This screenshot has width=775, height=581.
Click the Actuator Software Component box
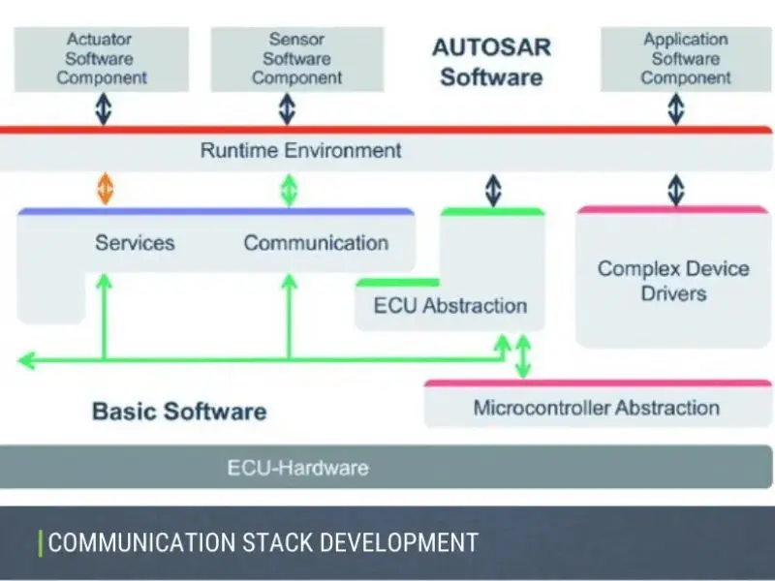102,59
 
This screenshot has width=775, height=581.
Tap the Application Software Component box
685,59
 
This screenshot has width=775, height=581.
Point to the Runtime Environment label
300,151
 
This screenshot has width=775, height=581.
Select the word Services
135,243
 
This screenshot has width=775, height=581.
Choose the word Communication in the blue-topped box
316,243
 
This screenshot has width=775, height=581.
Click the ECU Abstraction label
450,306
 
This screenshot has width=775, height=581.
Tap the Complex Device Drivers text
673,281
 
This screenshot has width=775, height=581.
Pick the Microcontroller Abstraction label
596,408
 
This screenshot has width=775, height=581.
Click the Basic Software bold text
179,411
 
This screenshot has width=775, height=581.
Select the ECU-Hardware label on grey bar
297,468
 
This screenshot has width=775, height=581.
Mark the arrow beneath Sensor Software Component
287,108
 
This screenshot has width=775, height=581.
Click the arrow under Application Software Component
675,108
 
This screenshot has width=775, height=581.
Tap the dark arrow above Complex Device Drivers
675,189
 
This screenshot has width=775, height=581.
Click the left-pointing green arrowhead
26,360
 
